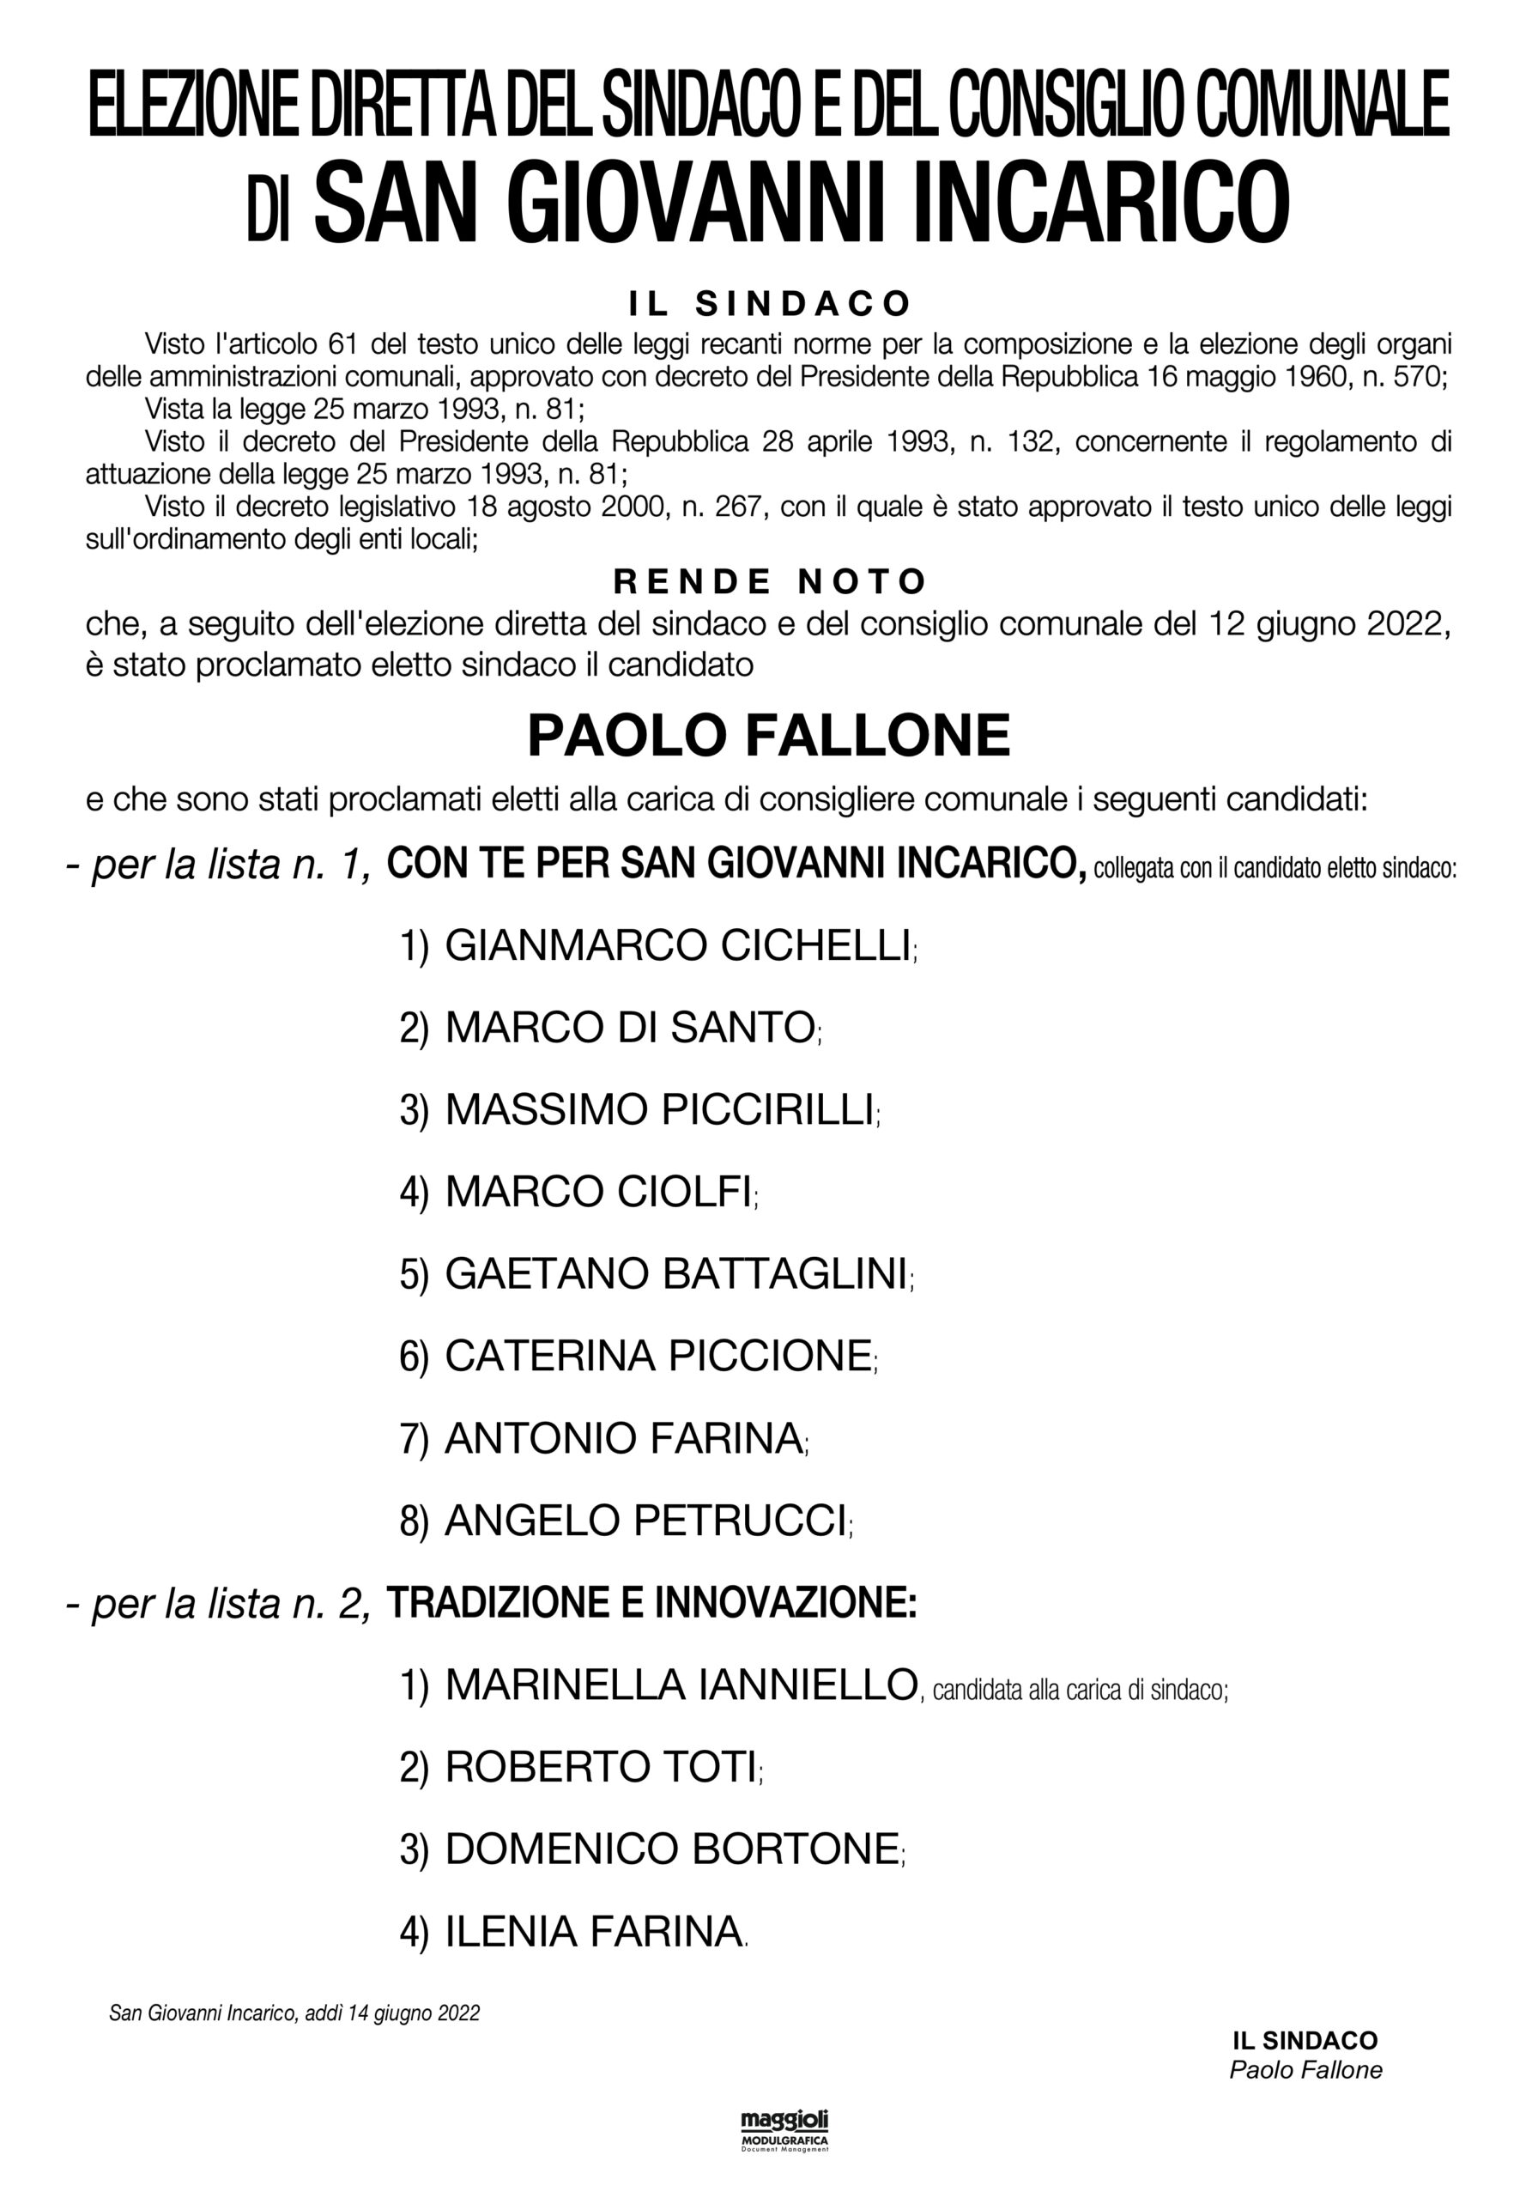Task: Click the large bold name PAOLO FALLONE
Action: coord(768,736)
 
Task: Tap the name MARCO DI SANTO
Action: coord(630,1028)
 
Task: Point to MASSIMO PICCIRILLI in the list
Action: coord(659,1110)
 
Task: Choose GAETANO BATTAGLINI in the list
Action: coord(675,1274)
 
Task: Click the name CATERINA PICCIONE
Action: coord(657,1357)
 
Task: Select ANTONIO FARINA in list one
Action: coord(623,1439)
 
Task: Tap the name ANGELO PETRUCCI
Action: coord(646,1521)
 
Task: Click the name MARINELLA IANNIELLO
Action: coord(681,1685)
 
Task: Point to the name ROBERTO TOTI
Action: coord(601,1767)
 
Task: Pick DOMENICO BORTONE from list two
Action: coord(672,1849)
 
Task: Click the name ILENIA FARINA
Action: coord(593,1932)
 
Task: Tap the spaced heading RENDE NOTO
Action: coord(770,581)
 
